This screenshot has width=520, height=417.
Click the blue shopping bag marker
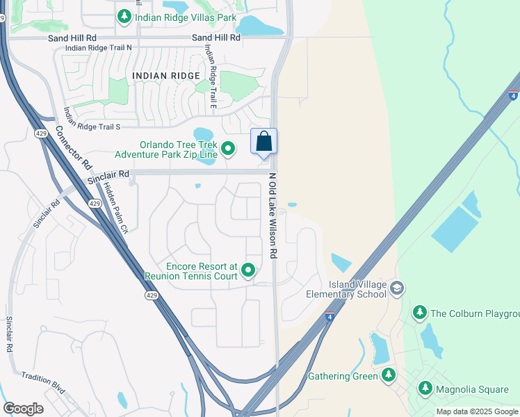(x=263, y=142)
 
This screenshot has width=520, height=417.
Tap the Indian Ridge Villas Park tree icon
(x=124, y=16)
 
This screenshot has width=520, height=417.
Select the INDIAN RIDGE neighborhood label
(x=165, y=75)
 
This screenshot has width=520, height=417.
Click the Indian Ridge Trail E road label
(x=211, y=77)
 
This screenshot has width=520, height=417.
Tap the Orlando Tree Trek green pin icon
(x=227, y=147)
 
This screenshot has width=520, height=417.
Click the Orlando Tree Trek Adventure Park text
(x=177, y=151)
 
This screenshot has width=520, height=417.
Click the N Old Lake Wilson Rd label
(x=273, y=216)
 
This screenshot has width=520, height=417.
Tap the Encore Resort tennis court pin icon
(x=247, y=270)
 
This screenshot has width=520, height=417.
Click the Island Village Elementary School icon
(x=396, y=288)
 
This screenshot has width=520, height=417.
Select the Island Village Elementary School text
(x=357, y=289)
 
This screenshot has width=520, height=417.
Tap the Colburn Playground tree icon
(x=419, y=313)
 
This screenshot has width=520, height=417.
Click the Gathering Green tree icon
(x=388, y=376)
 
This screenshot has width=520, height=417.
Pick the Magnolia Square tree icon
(x=425, y=389)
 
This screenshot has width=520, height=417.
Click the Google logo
(x=23, y=408)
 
